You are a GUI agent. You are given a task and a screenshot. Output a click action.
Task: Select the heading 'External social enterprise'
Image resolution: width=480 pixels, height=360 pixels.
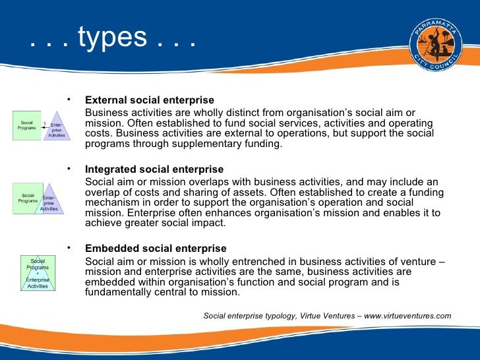pos(150,100)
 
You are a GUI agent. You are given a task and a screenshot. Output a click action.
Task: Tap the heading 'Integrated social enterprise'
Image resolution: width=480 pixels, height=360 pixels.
pos(154,169)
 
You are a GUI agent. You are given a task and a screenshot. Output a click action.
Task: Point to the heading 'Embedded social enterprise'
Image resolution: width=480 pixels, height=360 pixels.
pos(156,249)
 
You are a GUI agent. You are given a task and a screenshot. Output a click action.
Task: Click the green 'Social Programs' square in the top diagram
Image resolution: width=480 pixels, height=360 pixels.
pos(27,125)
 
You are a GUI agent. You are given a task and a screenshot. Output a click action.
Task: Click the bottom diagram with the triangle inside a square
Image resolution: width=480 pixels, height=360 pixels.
pos(37,273)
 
